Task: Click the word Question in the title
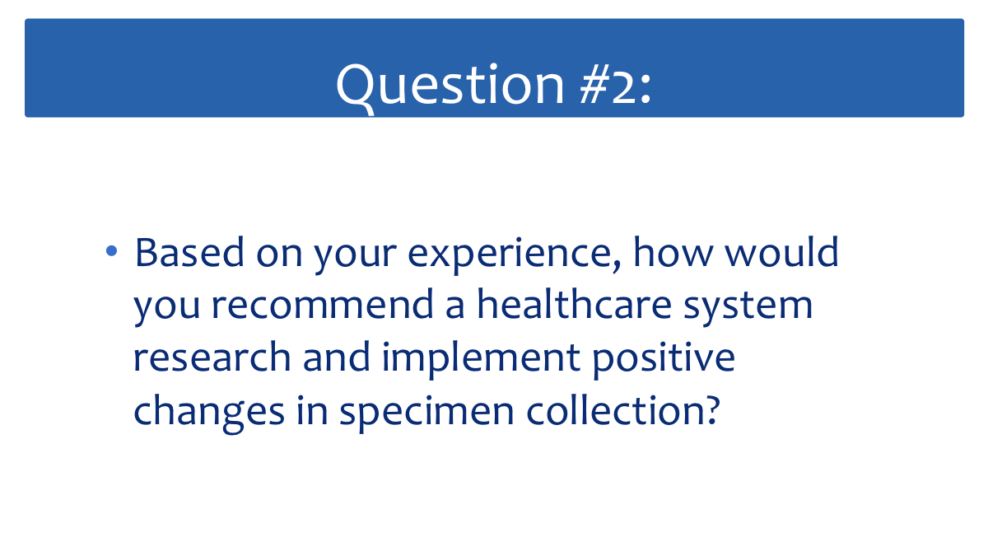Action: coord(450,86)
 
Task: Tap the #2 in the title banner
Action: coord(608,84)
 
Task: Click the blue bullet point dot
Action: coord(112,251)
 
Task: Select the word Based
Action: coord(189,252)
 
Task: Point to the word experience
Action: coord(510,256)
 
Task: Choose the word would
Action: coord(781,251)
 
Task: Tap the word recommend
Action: coord(323,305)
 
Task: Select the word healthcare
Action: coord(575,304)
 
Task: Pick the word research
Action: coord(212,357)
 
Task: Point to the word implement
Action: coord(481,360)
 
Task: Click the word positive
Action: coord(664,360)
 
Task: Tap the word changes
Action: coord(209,412)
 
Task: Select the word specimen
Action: coord(427,413)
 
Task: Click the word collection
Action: coord(616,409)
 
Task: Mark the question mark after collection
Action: coord(712,409)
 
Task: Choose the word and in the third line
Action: coord(336,357)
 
